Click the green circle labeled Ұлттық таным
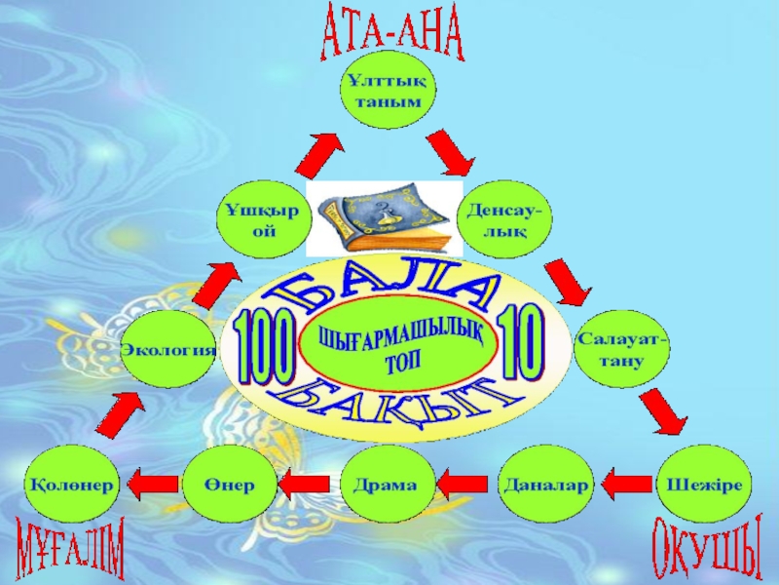point(388,93)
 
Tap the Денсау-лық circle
point(506,220)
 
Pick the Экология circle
point(167,349)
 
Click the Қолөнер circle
point(72,485)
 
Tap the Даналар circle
point(545,485)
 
